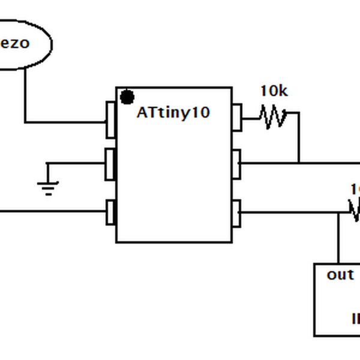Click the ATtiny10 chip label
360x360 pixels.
[x=173, y=112]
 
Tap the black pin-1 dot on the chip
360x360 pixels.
[x=127, y=97]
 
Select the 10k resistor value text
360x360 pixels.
[x=274, y=91]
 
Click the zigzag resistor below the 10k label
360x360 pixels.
[x=273, y=116]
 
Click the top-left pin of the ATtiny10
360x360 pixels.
[x=110, y=119]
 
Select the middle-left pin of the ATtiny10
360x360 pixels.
[x=110, y=164]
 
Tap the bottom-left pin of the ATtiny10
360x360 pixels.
[x=110, y=212]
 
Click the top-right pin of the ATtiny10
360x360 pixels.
[x=236, y=117]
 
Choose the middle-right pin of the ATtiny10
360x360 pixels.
[x=236, y=164]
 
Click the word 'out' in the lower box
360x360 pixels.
[x=340, y=275]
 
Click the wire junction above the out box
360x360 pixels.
[x=338, y=212]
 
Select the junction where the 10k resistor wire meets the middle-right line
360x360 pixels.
[x=299, y=163]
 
